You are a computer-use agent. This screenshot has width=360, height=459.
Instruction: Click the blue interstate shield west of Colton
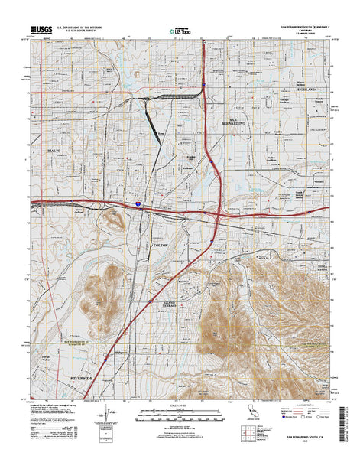point(138,204)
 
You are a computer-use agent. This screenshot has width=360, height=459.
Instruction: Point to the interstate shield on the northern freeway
point(205,76)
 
